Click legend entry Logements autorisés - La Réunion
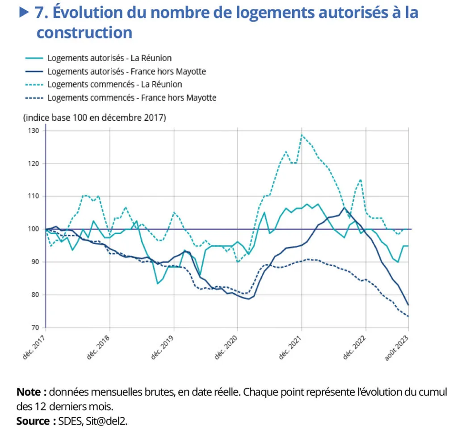pyautogui.click(x=109, y=58)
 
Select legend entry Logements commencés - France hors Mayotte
pyautogui.click(x=132, y=98)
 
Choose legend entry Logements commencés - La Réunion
pyautogui.click(x=115, y=84)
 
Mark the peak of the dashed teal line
pyautogui.click(x=302, y=135)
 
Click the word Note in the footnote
pyautogui.click(x=31, y=392)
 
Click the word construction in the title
pyautogui.click(x=84, y=33)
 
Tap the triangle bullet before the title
pyautogui.click(x=25, y=12)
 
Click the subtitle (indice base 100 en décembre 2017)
pyautogui.click(x=94, y=118)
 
